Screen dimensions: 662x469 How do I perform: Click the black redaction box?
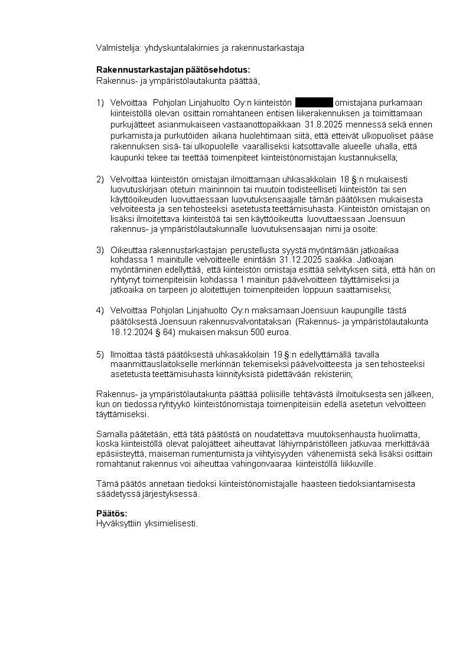(x=314, y=103)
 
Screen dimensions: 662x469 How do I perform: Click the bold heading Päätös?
(x=112, y=513)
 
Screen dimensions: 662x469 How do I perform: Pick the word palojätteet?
(x=197, y=444)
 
